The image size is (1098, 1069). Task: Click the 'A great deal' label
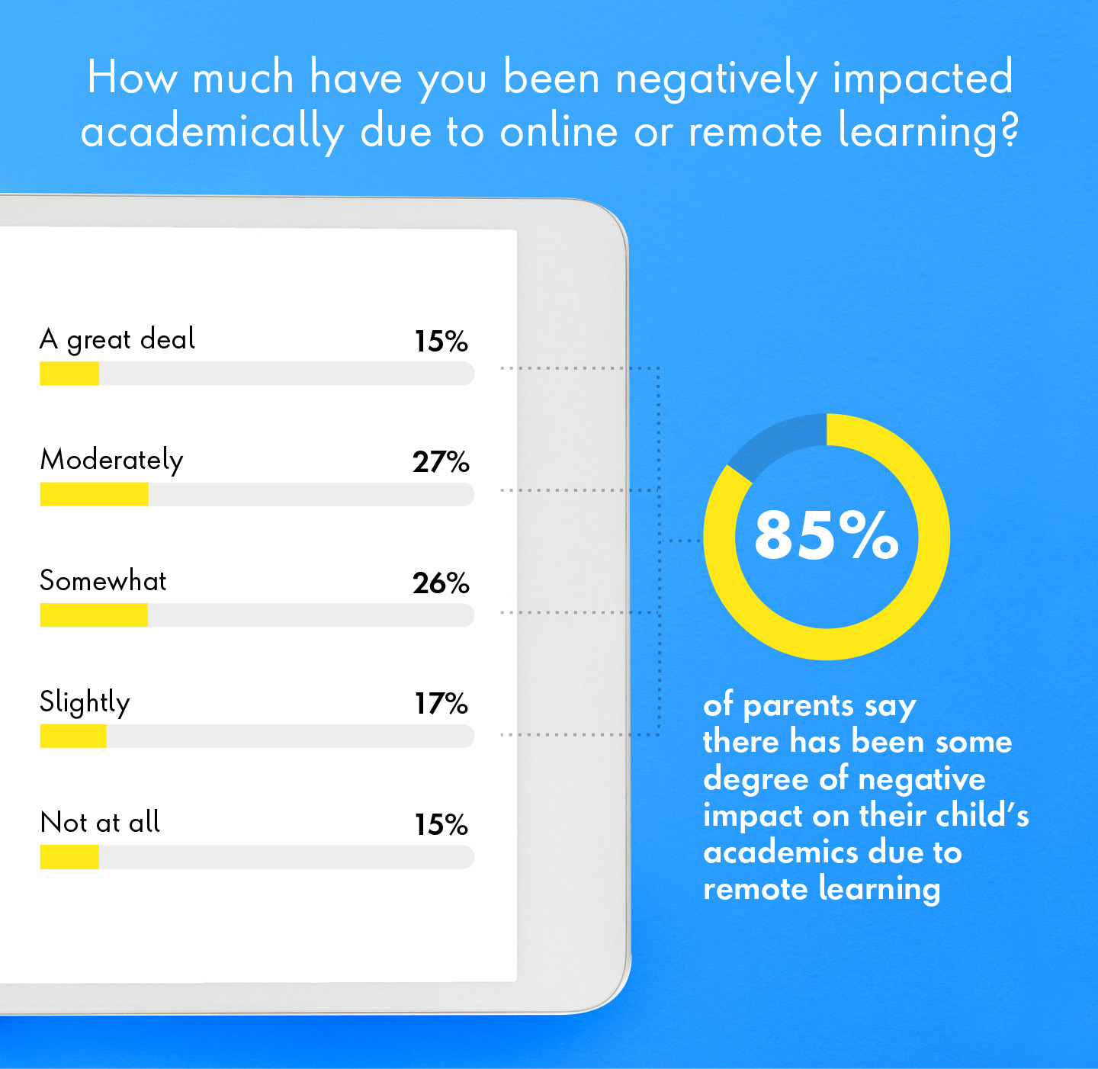(x=117, y=339)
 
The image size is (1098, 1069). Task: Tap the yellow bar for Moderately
(x=94, y=495)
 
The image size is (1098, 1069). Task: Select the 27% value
(x=441, y=462)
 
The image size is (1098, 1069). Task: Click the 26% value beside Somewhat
(x=441, y=583)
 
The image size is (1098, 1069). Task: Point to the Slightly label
(x=85, y=702)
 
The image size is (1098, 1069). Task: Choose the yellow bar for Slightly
(x=73, y=737)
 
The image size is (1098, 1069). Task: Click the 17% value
(x=441, y=704)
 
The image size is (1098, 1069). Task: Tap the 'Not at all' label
(x=100, y=823)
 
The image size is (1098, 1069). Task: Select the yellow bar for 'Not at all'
(x=69, y=858)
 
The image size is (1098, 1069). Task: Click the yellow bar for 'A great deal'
(x=69, y=374)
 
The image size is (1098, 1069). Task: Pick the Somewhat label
(x=103, y=581)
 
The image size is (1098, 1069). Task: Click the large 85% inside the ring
(x=827, y=535)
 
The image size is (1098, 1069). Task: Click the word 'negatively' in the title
(x=716, y=79)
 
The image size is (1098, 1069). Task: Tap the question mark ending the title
(x=1010, y=131)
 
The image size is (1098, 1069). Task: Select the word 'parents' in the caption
(x=798, y=706)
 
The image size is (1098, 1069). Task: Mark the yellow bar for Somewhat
(x=94, y=615)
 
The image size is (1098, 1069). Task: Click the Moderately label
(x=111, y=461)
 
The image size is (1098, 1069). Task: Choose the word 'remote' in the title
(x=755, y=132)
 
